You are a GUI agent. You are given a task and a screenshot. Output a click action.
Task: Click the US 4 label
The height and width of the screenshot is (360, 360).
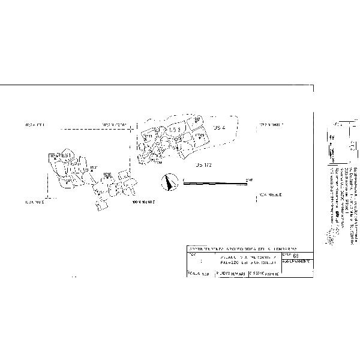click(218, 128)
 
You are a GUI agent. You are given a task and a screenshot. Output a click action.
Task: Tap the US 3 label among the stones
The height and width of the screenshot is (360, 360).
click(175, 130)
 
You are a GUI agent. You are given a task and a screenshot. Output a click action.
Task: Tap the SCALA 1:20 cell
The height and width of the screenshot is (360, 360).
click(194, 274)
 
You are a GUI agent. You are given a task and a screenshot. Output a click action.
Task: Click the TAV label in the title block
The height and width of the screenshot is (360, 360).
click(191, 255)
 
